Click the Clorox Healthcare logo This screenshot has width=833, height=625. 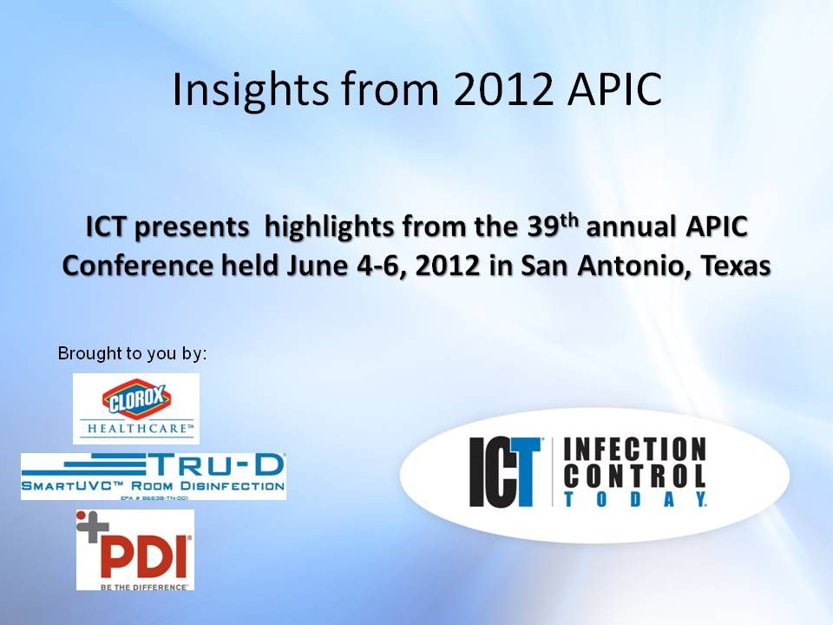click(136, 408)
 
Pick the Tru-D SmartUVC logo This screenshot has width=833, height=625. click(154, 476)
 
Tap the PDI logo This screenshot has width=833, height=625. click(135, 549)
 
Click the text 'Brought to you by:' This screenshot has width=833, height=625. click(133, 354)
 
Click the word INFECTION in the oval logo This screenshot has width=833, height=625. click(634, 449)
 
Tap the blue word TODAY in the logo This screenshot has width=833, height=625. click(634, 499)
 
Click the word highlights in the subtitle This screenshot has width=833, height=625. click(330, 228)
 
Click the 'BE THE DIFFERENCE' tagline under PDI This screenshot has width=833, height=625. click(135, 587)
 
